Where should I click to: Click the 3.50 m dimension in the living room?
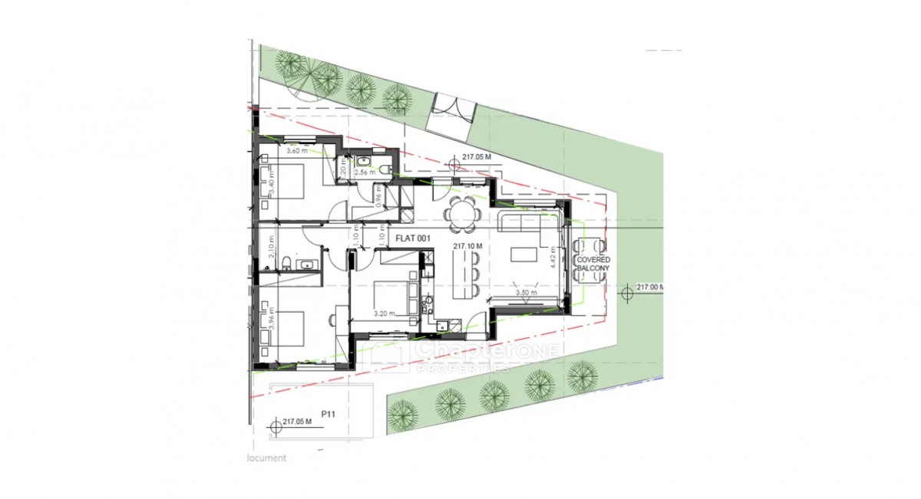(x=524, y=293)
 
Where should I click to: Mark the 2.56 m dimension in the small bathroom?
(x=365, y=173)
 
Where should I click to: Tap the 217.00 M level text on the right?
(x=650, y=287)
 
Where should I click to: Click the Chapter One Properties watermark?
(x=468, y=356)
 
